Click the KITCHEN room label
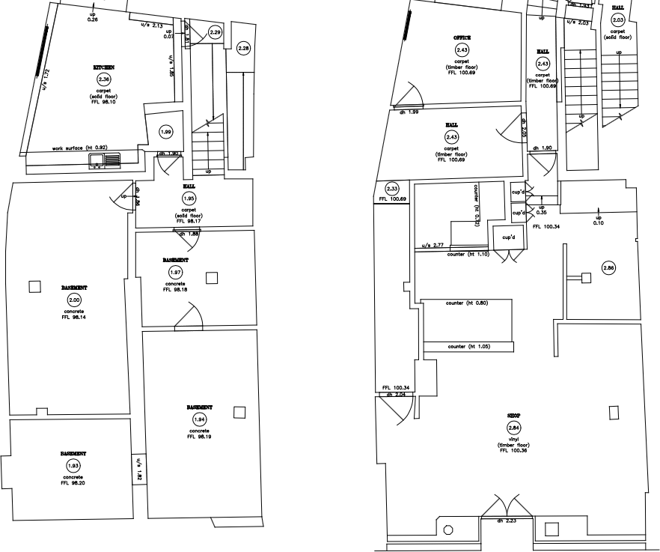click(x=103, y=67)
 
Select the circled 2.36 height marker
click(x=103, y=79)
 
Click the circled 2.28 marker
click(x=244, y=49)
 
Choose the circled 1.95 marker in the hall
click(x=189, y=198)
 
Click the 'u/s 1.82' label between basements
click(x=138, y=470)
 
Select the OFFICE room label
click(x=461, y=37)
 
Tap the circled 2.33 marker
click(x=392, y=189)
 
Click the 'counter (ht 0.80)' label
click(x=466, y=303)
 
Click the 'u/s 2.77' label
click(x=433, y=245)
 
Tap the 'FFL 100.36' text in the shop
click(x=513, y=450)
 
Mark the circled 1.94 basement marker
click(x=200, y=419)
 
